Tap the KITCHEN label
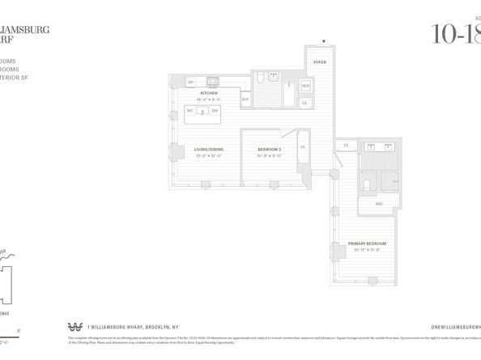click(x=209, y=93)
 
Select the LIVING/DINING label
click(x=209, y=149)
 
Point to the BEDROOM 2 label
click(x=270, y=149)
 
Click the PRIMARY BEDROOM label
click(x=366, y=244)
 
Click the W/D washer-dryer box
click(x=305, y=85)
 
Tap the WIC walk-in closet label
click(x=379, y=203)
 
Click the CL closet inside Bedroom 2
click(x=302, y=147)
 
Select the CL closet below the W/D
click(x=305, y=103)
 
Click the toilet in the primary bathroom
click(x=367, y=184)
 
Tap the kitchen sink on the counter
click(x=213, y=81)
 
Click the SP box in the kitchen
click(x=191, y=82)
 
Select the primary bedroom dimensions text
click(x=366, y=250)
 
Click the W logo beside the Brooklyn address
click(x=76, y=326)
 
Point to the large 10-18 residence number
click(x=456, y=34)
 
